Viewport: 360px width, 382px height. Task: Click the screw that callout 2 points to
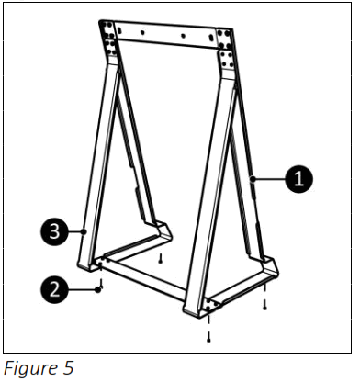click(x=101, y=286)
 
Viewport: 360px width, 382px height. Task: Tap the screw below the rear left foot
click(x=161, y=258)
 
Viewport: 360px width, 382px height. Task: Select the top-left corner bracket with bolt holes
click(x=108, y=38)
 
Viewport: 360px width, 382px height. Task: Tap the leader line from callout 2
click(x=81, y=288)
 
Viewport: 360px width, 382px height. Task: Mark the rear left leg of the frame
click(x=132, y=156)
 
